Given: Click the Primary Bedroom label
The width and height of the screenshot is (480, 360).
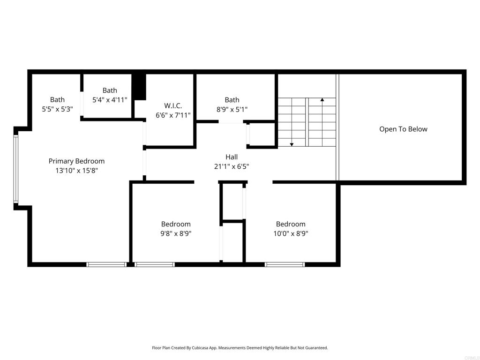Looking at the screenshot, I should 76,161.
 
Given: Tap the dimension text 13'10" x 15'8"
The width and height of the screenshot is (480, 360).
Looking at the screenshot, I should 76,171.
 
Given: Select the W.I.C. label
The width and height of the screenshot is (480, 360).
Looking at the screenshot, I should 173,105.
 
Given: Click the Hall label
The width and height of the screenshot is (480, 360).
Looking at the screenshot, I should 232,157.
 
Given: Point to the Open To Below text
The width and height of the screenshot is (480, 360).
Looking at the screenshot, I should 403,129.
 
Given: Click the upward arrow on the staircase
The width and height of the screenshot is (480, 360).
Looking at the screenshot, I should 322,100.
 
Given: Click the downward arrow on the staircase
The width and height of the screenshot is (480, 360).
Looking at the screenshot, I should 292,144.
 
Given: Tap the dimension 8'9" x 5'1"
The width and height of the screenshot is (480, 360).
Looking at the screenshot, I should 232,109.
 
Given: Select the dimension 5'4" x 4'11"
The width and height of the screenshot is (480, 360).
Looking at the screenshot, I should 110,99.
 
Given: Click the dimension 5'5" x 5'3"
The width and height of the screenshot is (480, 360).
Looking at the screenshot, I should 57,109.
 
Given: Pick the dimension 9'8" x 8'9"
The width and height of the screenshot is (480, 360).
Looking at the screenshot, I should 176,233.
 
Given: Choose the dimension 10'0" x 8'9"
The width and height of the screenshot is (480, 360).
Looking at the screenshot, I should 291,233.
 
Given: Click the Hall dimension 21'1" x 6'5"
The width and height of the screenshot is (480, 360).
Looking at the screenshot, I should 232,166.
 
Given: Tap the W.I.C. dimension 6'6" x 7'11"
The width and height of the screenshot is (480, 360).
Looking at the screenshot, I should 173,115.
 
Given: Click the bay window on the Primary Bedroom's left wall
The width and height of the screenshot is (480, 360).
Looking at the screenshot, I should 15,168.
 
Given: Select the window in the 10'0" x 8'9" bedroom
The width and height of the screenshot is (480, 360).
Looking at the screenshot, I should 285,264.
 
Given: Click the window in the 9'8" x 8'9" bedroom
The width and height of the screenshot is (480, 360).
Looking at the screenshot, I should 155,264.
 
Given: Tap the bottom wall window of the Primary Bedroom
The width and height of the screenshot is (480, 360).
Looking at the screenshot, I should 106,264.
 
